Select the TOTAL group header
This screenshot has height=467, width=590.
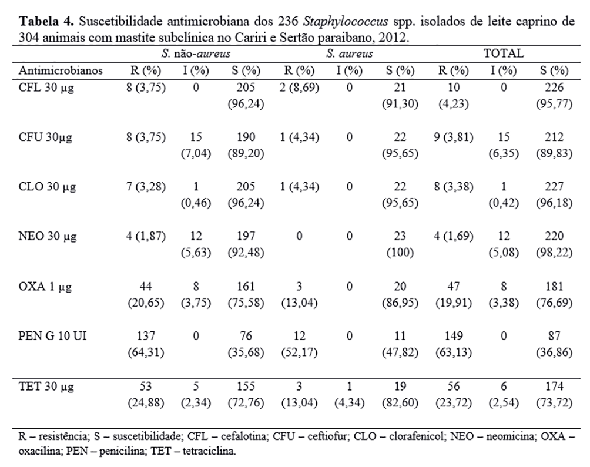tap(503, 53)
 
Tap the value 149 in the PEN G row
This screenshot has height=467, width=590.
tap(451, 337)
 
